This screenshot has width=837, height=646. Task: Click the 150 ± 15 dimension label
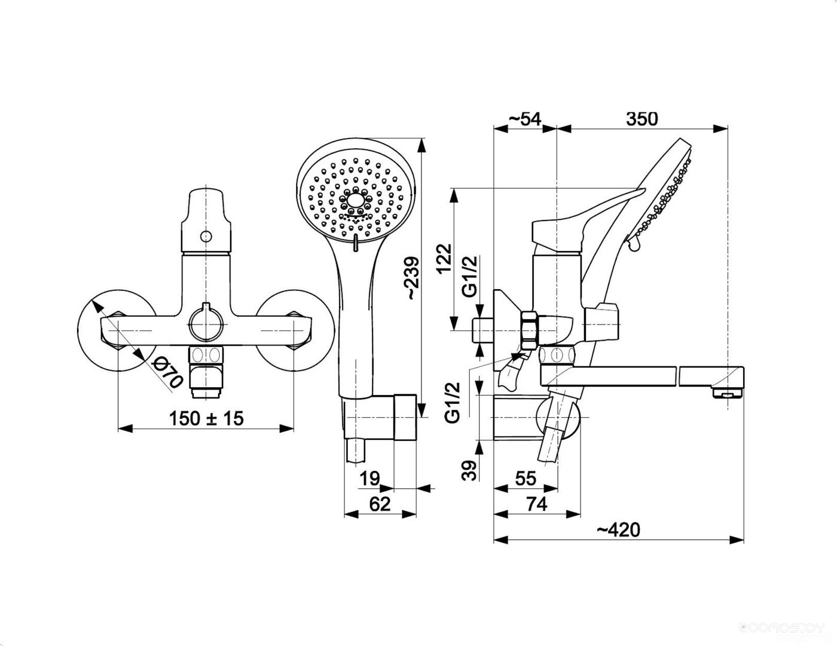pos(206,419)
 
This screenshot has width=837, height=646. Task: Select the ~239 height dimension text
pos(412,278)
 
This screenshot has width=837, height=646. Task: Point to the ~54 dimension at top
pos(525,119)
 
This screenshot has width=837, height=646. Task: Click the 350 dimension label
pos(642,119)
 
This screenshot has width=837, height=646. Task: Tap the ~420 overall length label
pos(618,529)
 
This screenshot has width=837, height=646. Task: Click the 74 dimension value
pos(536,504)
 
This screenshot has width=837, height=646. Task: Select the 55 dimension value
pos(526,479)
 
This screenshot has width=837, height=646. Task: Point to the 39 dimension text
pos(469,470)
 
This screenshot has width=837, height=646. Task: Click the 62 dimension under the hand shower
pos(380,504)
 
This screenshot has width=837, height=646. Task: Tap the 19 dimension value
pos(369,479)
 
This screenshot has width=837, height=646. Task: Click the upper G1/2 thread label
pos(469,276)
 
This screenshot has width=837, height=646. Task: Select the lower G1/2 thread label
pos(453,403)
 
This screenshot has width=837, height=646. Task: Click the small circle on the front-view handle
pos(206,236)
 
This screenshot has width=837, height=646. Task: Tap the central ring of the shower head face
pos(356,201)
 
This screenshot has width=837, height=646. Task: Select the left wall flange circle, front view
pos(117,330)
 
